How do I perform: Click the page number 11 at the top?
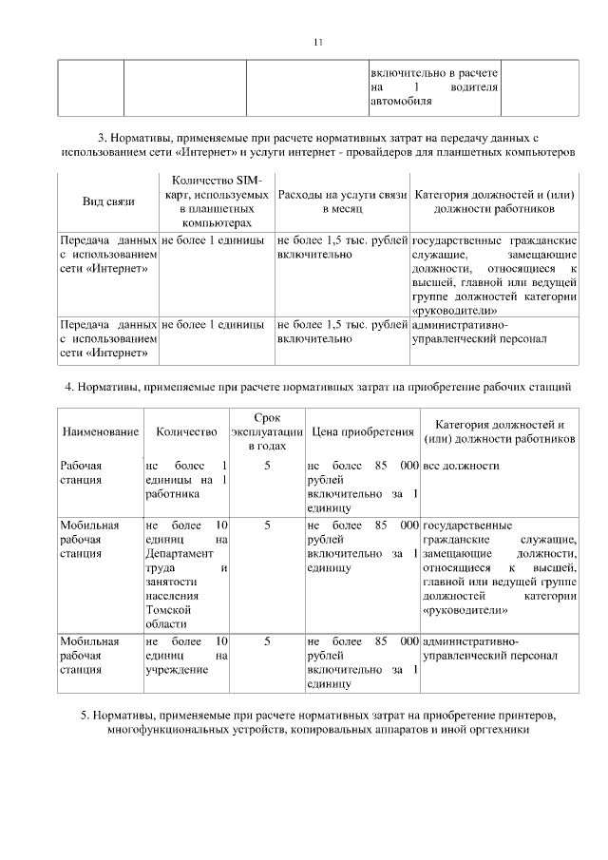318,41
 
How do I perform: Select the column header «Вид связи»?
109,201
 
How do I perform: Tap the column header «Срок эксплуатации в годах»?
267,431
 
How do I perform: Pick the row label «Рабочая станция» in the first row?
81,472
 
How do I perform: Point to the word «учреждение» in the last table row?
177,669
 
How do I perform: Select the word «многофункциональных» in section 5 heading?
171,730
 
